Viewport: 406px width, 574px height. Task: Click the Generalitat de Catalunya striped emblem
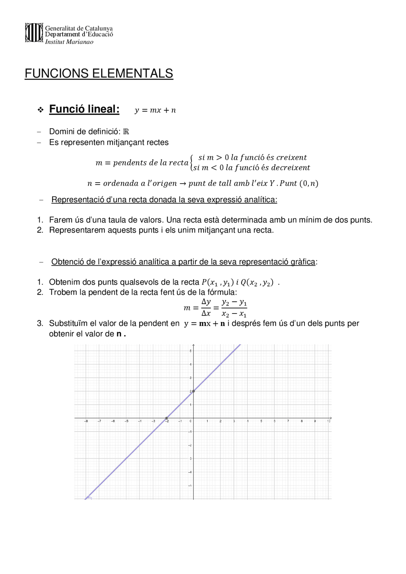point(34,33)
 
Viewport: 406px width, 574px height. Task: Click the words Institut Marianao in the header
point(69,42)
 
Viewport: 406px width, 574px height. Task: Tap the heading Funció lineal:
point(84,109)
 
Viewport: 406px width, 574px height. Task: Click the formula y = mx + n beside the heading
point(155,110)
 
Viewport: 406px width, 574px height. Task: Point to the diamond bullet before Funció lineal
point(41,110)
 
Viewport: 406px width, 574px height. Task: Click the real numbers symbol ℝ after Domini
point(126,132)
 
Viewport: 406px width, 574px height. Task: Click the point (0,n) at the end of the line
point(309,184)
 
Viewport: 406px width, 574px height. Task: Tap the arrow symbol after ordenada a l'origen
point(183,184)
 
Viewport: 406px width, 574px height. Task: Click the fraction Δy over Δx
point(206,307)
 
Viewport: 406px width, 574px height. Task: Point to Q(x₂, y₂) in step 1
point(257,282)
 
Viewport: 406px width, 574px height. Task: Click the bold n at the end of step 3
point(119,334)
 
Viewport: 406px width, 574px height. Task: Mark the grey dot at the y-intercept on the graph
point(193,391)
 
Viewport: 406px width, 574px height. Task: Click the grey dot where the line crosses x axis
point(167,418)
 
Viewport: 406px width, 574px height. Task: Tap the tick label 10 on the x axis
point(329,421)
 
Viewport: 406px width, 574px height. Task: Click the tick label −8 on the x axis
point(86,421)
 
